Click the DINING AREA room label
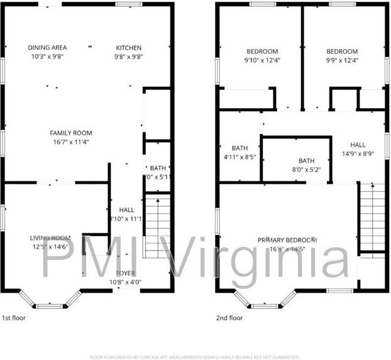pos(47,48)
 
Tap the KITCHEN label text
pos(129,48)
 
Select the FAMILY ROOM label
pos(71,133)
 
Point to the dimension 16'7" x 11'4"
pos(71,142)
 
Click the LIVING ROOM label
pos(50,238)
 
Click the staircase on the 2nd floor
pos(372,217)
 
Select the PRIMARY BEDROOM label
pos(287,240)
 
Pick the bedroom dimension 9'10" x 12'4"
pos(262,60)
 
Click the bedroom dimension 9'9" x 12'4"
pos(342,60)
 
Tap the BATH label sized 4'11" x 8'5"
pos(240,149)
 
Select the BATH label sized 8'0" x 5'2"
pos(307,161)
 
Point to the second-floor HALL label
pos(358,144)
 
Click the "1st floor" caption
pos(15,318)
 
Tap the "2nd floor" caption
pos(229,318)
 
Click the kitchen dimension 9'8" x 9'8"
pos(129,57)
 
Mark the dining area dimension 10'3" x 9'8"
pos(47,57)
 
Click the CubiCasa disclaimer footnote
pos(195,356)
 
